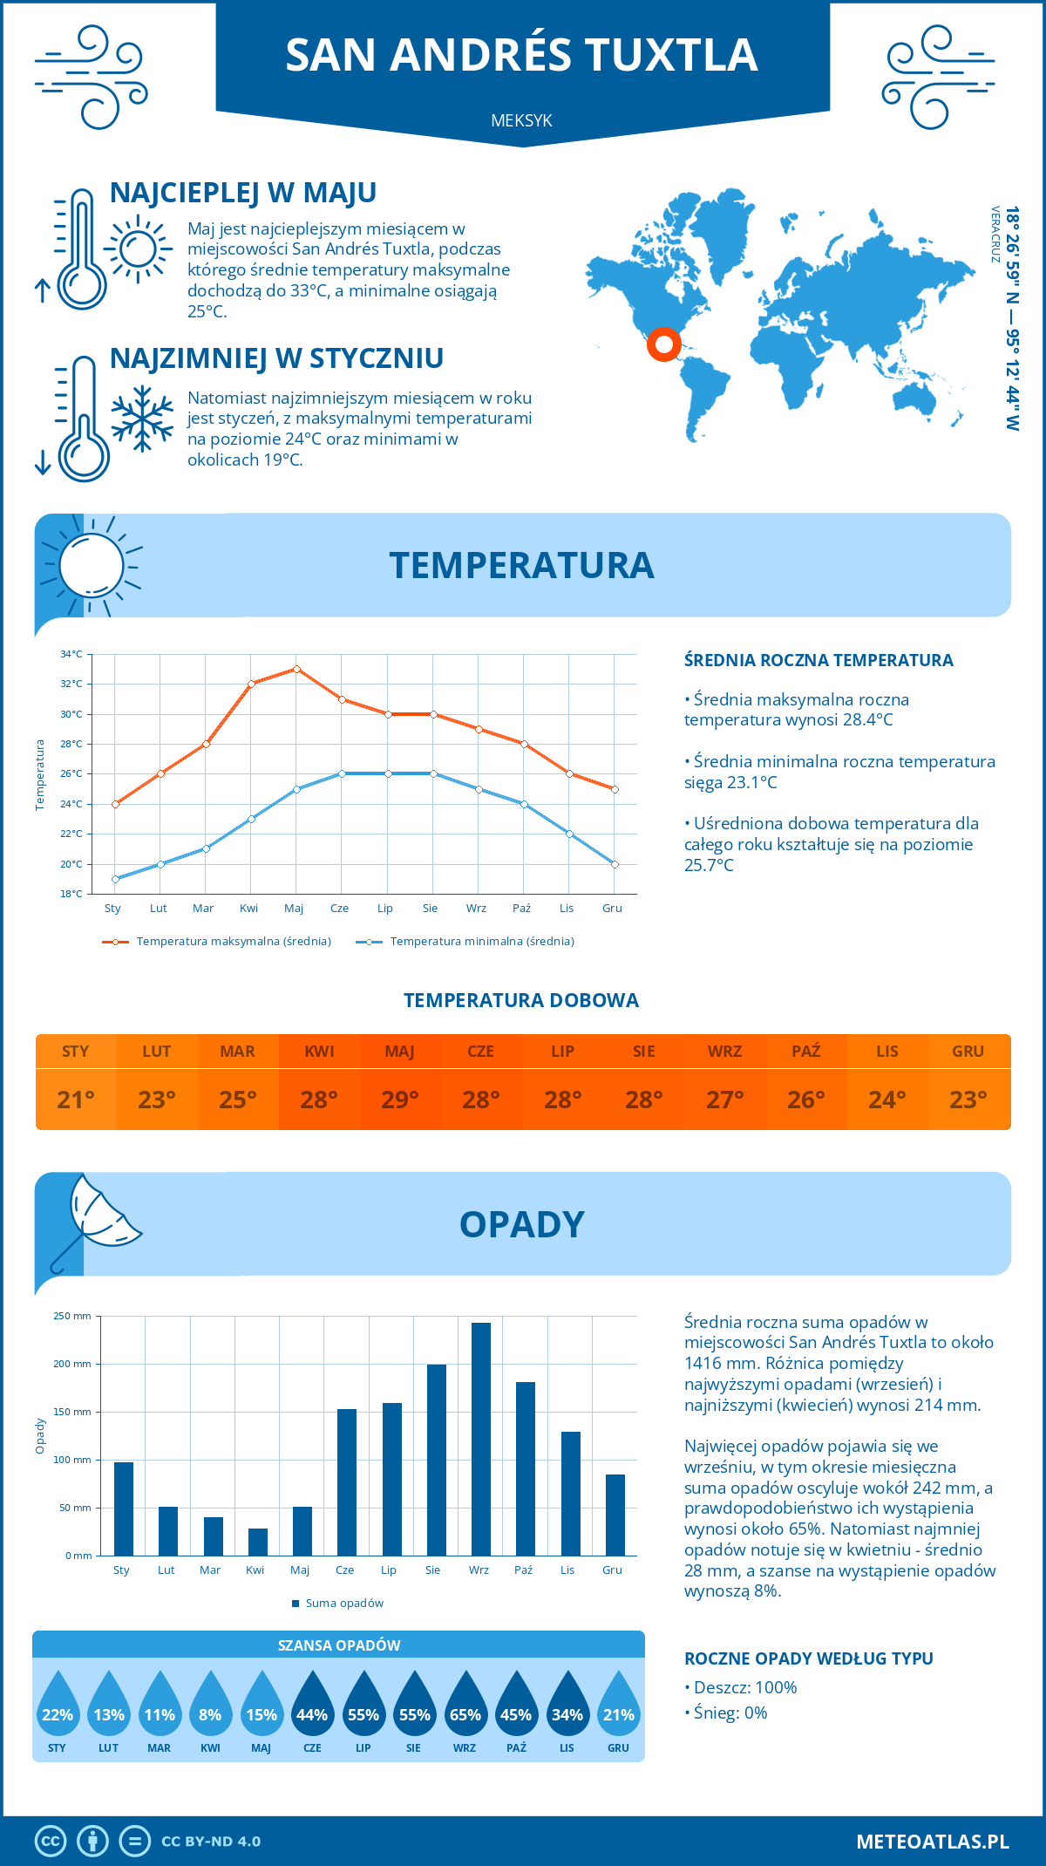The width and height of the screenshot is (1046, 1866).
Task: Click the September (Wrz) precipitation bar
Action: tap(480, 1439)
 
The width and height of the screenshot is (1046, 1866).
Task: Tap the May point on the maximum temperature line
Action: tap(296, 669)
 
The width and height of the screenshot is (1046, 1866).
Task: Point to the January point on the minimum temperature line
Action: tap(115, 879)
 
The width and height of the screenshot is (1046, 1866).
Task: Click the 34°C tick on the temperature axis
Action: tap(71, 654)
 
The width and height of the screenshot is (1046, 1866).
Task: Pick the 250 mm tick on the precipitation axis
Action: tap(72, 1316)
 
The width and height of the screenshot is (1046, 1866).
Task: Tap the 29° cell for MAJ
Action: tap(400, 1100)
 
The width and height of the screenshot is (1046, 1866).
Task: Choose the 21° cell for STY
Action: tap(76, 1100)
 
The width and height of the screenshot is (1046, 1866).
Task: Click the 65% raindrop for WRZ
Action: tap(465, 1707)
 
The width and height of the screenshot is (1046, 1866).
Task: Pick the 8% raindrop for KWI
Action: tap(210, 1707)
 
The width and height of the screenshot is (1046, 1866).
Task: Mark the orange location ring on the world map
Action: tap(663, 344)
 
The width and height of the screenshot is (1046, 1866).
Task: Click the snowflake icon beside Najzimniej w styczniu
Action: tap(142, 419)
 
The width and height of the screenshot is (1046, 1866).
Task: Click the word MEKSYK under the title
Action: tap(521, 120)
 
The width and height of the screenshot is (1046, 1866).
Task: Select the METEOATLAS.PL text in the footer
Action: tap(933, 1842)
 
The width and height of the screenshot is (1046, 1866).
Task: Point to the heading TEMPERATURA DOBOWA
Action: tap(521, 1000)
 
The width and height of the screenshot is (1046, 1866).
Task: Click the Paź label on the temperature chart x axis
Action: tap(521, 909)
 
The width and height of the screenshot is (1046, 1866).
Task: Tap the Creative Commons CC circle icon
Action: tap(51, 1842)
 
